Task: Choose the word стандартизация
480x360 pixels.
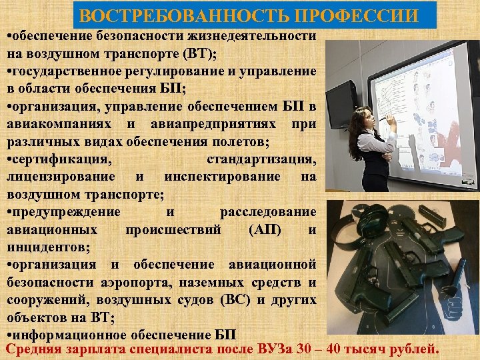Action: (261, 159)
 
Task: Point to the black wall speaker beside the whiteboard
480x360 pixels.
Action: (342, 104)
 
